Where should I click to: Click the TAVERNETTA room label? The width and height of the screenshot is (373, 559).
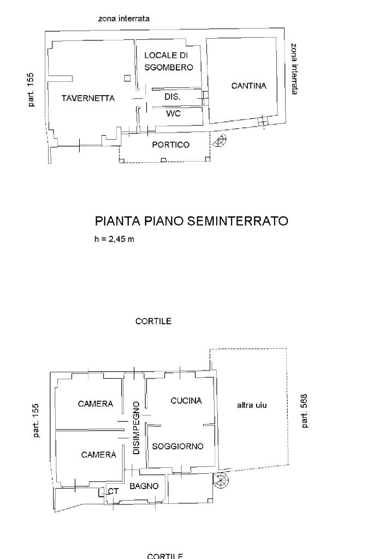coord(88,98)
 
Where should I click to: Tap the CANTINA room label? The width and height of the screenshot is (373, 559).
coord(248,86)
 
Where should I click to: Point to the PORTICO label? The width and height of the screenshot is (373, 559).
coord(171,145)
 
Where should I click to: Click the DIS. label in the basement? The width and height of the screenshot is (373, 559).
coord(173,97)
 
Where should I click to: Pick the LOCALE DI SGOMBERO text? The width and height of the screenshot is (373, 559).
coord(169,61)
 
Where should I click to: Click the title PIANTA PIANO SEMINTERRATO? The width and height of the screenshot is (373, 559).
coord(191,221)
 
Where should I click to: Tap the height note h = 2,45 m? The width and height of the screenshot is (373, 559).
coord(114,240)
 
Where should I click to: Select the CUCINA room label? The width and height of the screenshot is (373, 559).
coord(186,401)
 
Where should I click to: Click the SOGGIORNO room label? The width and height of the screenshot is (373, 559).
coord(177,446)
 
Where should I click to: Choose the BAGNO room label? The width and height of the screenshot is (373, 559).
coord(144,486)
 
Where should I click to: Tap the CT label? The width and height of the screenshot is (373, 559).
coord(113,491)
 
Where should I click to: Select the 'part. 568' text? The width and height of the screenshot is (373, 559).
coord(304,411)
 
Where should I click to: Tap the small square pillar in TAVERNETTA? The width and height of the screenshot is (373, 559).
coord(127,78)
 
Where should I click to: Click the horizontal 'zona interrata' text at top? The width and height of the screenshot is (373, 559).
coord(124,19)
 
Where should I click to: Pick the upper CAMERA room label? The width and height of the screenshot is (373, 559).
coord(96,404)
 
